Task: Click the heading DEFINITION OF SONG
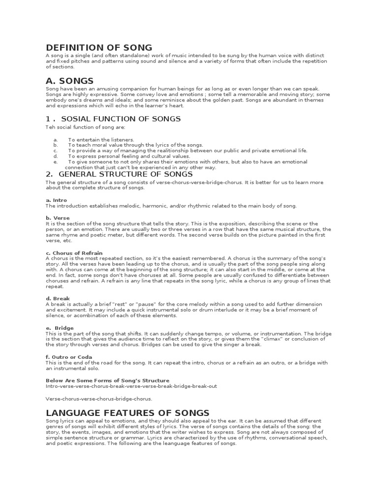point(99,48)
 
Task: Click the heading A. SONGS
point(69,81)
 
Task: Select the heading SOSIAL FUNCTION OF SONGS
point(113,119)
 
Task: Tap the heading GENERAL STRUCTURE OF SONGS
point(119,174)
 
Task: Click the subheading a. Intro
point(56,200)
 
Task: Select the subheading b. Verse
point(58,218)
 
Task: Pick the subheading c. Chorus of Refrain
point(74,253)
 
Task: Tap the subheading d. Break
point(58,298)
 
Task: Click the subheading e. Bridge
point(60,328)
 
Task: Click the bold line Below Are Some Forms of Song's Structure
point(107,380)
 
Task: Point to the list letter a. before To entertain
point(56,140)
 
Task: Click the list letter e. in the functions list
point(56,161)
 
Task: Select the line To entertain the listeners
point(101,140)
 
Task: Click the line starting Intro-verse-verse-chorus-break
point(131,386)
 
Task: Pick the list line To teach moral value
point(135,145)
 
